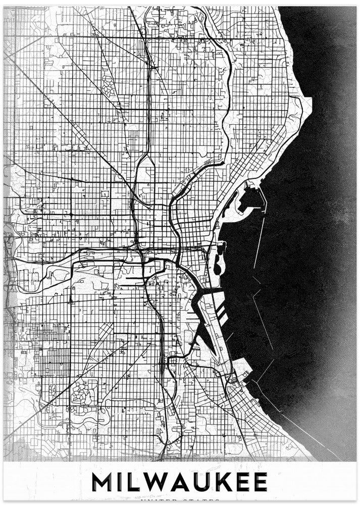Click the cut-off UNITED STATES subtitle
[x=180, y=500]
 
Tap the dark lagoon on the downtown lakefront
[x=218, y=263]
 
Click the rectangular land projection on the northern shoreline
[x=306, y=104]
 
